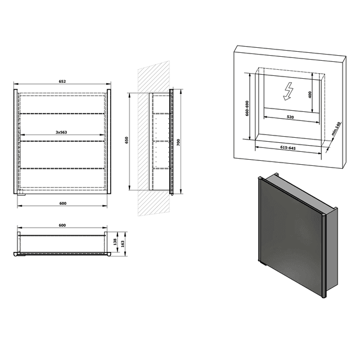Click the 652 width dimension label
click(x=62, y=82)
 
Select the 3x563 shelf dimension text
click(x=62, y=132)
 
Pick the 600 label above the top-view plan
click(x=62, y=225)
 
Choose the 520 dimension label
click(x=290, y=117)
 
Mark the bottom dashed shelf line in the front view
click(x=62, y=168)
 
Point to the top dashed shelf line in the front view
click(x=62, y=114)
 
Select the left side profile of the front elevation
click(x=17, y=141)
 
